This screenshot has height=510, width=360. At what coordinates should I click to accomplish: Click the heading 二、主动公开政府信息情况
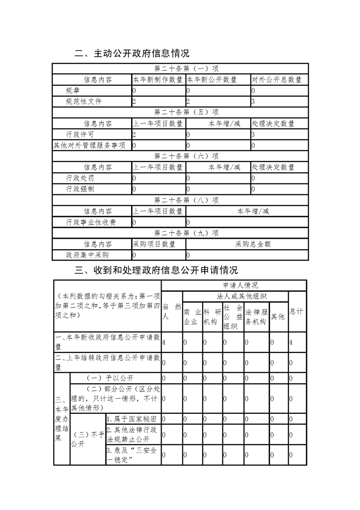pyautogui.click(x=132, y=54)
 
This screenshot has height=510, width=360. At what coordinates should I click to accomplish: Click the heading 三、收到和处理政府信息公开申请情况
pyautogui.click(x=156, y=271)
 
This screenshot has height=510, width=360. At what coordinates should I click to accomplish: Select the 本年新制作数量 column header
pyautogui.click(x=158, y=80)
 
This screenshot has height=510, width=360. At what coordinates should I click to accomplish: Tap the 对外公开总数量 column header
pyautogui.click(x=276, y=80)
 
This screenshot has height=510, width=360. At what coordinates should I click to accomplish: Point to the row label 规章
pyautogui.click(x=74, y=91)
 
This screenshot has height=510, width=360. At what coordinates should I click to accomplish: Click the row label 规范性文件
pyautogui.click(x=84, y=102)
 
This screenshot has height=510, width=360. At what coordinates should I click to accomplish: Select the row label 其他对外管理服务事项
pyautogui.click(x=92, y=145)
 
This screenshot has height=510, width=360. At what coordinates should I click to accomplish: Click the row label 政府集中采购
pyautogui.click(x=87, y=255)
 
